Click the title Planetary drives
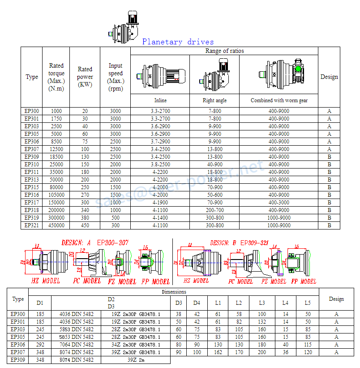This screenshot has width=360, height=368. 178,42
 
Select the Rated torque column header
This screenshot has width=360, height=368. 56,77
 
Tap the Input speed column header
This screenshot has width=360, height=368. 116,77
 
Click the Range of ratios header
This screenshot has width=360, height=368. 224,51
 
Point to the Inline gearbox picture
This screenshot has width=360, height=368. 160,74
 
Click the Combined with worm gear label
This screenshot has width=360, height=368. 279,100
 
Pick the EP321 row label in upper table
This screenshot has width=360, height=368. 32,225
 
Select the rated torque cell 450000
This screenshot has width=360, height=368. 56,225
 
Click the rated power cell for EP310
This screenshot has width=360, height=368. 85,165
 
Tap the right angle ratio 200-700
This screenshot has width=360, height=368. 214,210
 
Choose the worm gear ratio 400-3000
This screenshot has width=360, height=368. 279,203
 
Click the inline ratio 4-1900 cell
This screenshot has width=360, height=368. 160,203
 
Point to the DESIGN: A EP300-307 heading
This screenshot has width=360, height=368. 95,242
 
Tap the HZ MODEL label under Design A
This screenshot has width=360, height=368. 46,281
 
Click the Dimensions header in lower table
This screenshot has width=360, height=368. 174,292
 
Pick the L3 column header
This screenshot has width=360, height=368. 262,303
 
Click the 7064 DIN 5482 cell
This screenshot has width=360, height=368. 77,344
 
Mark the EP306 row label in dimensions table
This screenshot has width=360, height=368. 18,344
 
